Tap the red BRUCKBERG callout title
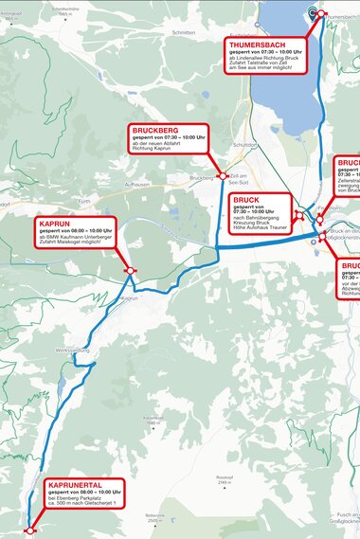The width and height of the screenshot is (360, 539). (157, 131)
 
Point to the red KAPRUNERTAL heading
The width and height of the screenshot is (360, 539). (74, 485)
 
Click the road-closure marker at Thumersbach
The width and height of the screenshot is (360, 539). (321, 14)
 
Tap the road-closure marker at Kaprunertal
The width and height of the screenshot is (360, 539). (29, 532)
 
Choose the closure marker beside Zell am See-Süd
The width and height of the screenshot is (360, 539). (222, 175)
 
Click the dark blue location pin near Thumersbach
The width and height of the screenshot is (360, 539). (313, 12)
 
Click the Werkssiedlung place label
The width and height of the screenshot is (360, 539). (72, 350)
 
